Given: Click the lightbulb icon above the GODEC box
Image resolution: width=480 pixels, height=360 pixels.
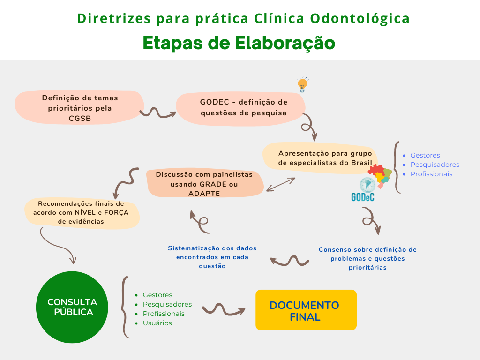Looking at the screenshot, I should pos(302,84).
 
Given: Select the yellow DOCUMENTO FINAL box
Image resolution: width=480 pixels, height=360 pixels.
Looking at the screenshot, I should pos(306,310).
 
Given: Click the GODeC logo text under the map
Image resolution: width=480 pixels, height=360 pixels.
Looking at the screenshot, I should pos(363,197).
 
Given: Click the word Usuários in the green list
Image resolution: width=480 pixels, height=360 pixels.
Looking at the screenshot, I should pos(157,323).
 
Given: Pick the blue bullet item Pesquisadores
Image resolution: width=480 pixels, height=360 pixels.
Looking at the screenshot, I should pos(435,165).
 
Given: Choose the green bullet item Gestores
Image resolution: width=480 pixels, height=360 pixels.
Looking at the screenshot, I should pos(157,295).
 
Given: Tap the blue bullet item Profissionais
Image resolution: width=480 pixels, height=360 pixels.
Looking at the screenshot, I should pos(431,174).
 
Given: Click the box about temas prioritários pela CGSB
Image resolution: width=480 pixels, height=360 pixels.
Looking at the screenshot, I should pos(80,108).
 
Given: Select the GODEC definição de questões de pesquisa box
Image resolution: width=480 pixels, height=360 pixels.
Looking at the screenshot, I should pos(243,107).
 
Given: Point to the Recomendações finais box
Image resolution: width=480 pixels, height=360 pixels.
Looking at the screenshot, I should pos(81,212).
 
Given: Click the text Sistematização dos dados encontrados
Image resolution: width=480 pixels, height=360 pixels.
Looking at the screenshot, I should pos(212,257).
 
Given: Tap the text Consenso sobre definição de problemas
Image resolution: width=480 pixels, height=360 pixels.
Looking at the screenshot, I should pos(367,258).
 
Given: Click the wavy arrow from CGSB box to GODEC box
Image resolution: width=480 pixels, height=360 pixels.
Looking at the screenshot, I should pos(157,112).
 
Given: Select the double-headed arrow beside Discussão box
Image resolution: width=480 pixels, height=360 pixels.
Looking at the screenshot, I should pos(281,184).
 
